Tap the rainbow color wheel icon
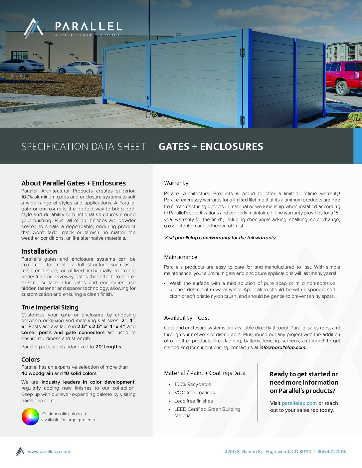[x=30, y=416]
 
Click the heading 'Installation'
[x=39, y=251]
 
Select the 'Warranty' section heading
[x=176, y=183]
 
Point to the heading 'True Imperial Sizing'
[x=50, y=307]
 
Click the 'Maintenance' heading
[x=180, y=257]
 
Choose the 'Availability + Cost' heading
[x=187, y=318]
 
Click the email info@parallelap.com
[x=282, y=347]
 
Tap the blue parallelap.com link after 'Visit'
[x=299, y=403]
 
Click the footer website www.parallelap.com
[x=49, y=451]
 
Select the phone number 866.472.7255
[x=332, y=451]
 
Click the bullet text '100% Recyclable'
[x=193, y=384]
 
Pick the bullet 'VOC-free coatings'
[x=195, y=393]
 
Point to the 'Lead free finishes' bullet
[x=194, y=401]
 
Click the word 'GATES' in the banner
[x=174, y=147]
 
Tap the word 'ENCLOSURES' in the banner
[x=232, y=147]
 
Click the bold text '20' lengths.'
[x=109, y=347]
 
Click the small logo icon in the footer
[x=20, y=451]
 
